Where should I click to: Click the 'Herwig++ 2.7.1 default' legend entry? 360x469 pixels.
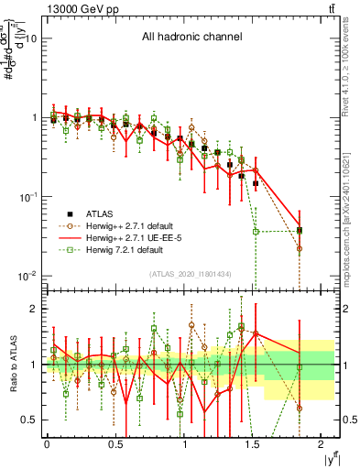pos(133,225)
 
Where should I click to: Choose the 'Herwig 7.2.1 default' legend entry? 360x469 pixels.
pos(127,249)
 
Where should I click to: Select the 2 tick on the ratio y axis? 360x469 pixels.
pos(33,309)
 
